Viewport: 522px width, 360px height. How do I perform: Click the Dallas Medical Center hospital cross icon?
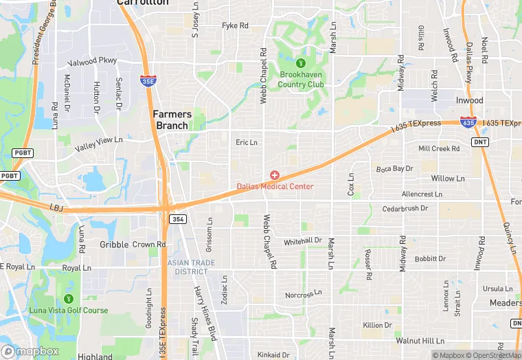pos(275,176)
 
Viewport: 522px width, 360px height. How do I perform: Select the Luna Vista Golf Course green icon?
pos(68,299)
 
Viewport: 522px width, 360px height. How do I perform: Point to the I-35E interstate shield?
pos(148,80)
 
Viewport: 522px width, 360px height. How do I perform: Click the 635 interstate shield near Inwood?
pos(468,122)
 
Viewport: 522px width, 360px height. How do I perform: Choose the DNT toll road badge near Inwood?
pos(480,142)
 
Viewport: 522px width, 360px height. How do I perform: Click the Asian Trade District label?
pos(192,267)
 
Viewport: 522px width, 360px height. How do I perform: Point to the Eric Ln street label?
pos(246,143)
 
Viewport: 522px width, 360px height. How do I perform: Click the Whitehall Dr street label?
pos(303,240)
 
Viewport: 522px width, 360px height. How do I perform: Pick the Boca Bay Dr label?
pos(394,168)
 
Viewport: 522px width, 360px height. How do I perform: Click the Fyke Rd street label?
pos(235,26)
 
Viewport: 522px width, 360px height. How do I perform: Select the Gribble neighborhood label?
pos(114,245)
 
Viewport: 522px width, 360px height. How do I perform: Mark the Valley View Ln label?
pos(99,143)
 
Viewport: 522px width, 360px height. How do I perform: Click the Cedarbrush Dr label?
pos(405,208)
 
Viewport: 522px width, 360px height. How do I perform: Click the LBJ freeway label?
pos(56,206)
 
